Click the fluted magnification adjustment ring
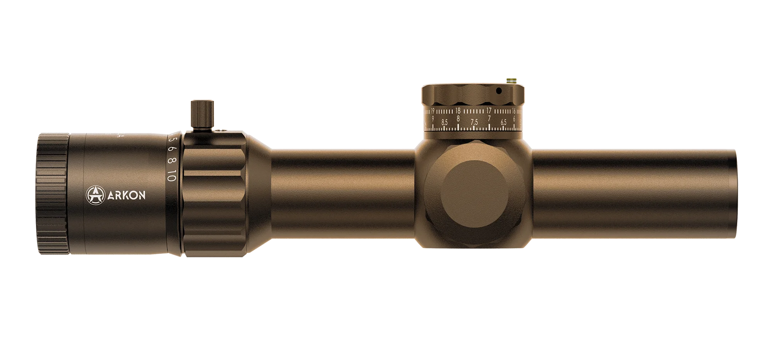tap(215, 193)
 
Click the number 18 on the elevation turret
tap(458, 110)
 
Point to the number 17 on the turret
tap(489, 110)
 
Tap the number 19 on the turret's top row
tap(432, 111)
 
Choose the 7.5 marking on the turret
tap(474, 122)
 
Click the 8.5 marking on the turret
tap(444, 122)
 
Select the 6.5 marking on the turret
tap(504, 122)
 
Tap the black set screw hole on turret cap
tap(499, 91)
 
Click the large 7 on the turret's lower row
tap(489, 119)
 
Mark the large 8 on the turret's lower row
tap(458, 119)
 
